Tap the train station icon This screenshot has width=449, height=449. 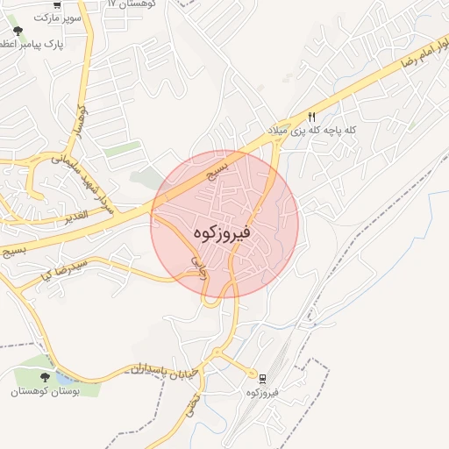tap(263, 379)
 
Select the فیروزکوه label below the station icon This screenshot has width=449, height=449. tap(263, 393)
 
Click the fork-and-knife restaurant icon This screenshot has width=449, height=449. tap(310, 117)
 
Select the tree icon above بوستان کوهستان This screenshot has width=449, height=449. tap(45, 377)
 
